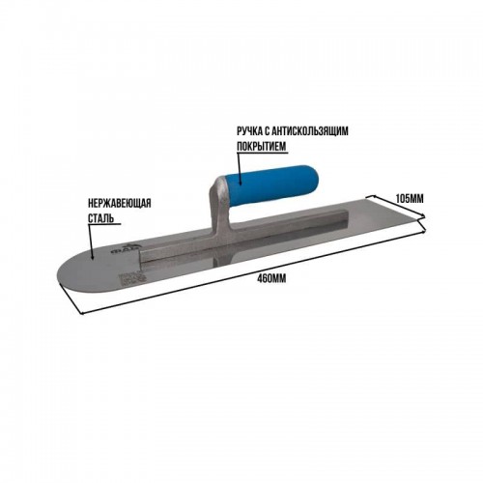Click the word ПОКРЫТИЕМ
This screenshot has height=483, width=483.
[x=262, y=146]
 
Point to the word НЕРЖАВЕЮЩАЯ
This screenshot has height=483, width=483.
[x=120, y=204]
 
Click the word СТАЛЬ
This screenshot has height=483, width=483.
[x=100, y=218]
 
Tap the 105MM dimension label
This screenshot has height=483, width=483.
[x=410, y=199]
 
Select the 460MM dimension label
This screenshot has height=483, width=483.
[x=271, y=278]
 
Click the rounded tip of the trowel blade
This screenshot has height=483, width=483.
[x=59, y=273]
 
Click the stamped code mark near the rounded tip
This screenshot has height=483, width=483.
[x=132, y=279]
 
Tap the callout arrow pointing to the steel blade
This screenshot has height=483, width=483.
[x=91, y=241]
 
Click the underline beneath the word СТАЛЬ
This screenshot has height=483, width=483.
[x=104, y=224]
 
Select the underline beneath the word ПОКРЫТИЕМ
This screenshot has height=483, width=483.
[x=262, y=152]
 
